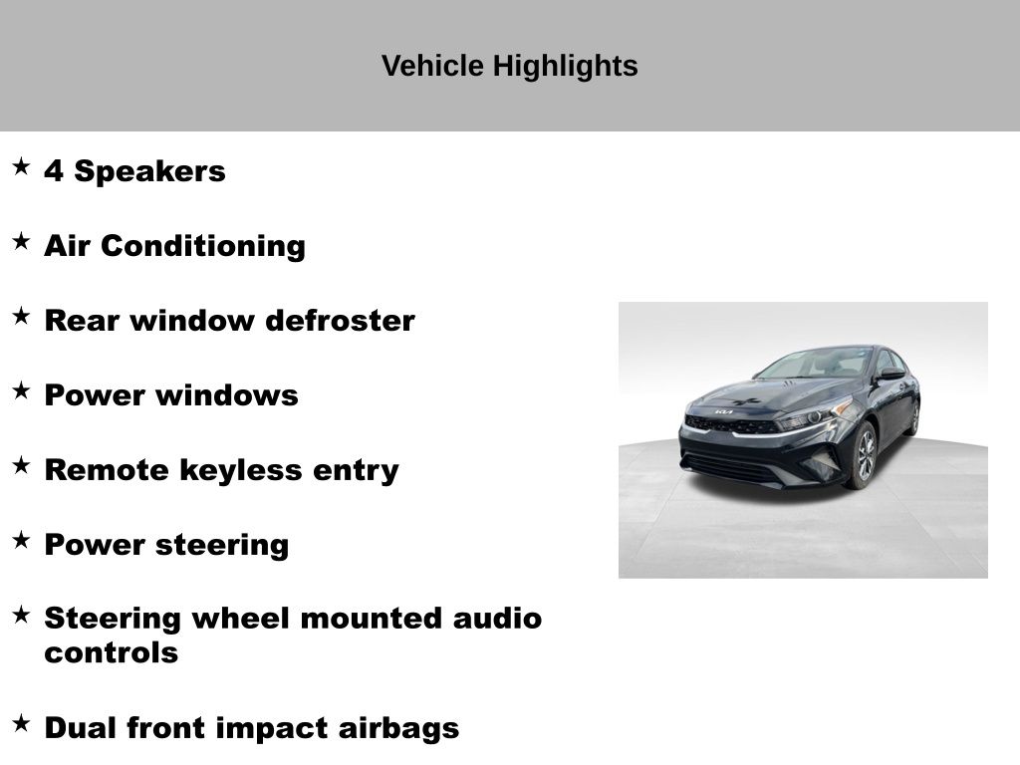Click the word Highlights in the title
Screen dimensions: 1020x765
click(565, 67)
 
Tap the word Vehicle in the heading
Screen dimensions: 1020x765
click(432, 66)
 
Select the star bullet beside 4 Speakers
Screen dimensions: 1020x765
click(21, 166)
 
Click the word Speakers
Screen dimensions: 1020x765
click(149, 171)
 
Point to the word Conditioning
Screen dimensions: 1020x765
click(203, 247)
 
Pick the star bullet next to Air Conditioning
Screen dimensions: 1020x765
click(21, 241)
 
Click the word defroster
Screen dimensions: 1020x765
click(341, 321)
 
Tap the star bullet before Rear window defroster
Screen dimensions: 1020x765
click(21, 316)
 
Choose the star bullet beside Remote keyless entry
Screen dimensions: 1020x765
click(21, 466)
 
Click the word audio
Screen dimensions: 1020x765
click(497, 618)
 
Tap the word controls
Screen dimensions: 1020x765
click(112, 653)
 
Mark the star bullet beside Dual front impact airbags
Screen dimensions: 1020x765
click(21, 723)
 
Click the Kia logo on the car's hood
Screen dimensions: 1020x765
click(723, 411)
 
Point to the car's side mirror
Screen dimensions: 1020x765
click(891, 375)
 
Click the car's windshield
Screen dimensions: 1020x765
click(813, 364)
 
